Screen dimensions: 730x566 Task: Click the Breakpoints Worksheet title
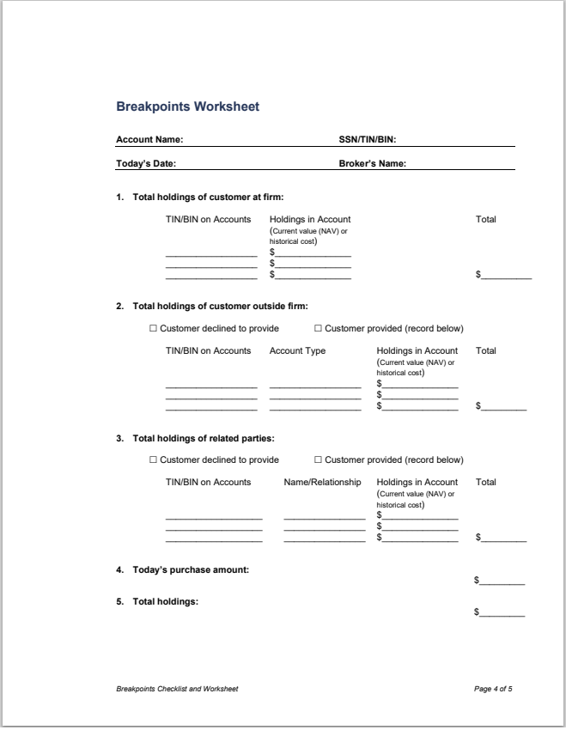(x=187, y=107)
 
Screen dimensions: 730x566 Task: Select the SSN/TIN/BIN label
(x=367, y=139)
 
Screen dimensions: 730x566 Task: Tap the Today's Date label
(x=147, y=163)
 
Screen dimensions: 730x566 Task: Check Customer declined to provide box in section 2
(x=154, y=328)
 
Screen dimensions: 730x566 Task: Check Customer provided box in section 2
(x=319, y=328)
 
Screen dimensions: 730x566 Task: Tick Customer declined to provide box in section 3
(x=154, y=459)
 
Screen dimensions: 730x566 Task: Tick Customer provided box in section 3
(x=319, y=459)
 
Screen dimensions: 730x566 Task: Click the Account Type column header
(x=297, y=350)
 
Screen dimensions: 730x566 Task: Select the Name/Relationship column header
(x=323, y=482)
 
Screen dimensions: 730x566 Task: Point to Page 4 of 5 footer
(x=493, y=689)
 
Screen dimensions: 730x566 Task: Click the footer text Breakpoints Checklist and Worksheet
(x=177, y=689)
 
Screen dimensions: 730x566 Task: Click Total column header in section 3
(x=486, y=482)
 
